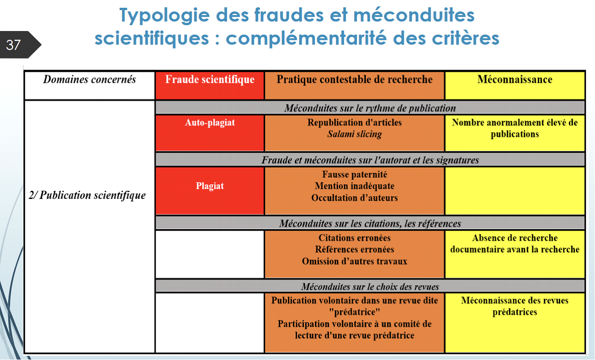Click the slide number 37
13,45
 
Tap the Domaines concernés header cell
90,86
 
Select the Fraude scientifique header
210,86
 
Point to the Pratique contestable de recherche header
355,86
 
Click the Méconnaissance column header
515,86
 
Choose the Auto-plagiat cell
210,133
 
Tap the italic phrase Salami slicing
355,134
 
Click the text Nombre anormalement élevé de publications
515,128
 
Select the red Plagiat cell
210,191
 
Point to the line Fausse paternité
355,174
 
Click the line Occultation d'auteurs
355,198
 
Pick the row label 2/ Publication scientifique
87,195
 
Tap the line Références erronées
355,249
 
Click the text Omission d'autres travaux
355,261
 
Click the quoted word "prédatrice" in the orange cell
355,312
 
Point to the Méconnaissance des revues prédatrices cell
515,323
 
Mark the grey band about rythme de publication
370,107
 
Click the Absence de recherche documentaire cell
515,254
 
